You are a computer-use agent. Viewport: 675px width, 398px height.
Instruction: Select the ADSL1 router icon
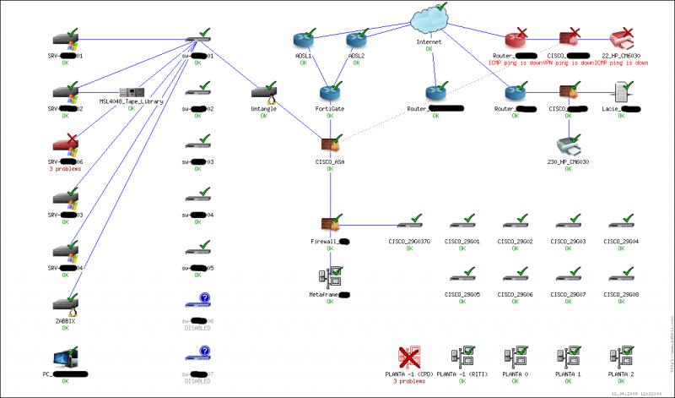[x=303, y=40]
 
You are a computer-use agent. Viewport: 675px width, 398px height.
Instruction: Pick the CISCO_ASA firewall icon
[x=330, y=145]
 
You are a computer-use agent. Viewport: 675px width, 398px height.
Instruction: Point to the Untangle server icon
[x=263, y=92]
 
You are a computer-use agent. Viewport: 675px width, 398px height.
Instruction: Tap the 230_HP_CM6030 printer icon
[x=569, y=144]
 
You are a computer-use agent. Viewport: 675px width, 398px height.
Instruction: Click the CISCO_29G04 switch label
[x=621, y=242]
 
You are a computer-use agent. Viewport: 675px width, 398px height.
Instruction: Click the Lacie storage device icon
[x=621, y=91]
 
